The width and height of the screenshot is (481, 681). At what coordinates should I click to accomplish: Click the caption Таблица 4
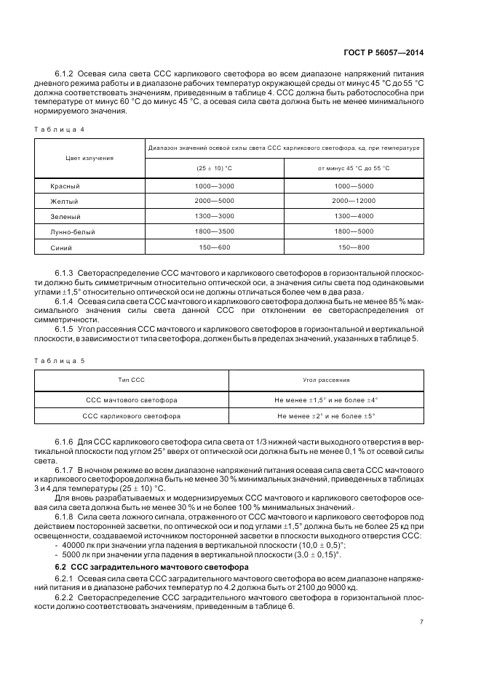click(x=62, y=129)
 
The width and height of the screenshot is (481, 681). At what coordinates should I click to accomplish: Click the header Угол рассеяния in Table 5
click(x=326, y=380)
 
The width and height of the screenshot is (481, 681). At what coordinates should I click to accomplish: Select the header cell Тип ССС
click(x=132, y=380)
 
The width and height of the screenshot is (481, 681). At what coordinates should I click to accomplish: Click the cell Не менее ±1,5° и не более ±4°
click(x=326, y=399)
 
